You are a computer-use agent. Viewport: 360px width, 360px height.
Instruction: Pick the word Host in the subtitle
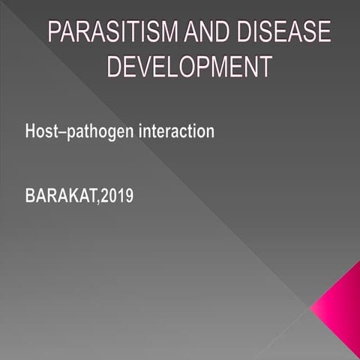[x=40, y=130]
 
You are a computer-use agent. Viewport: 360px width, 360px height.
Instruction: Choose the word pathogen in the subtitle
[x=98, y=132]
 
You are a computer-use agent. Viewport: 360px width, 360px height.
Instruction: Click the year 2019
[x=118, y=197]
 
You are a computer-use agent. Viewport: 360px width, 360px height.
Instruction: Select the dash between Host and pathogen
[x=61, y=132]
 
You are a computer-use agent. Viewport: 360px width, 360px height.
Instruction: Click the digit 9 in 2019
[x=129, y=197]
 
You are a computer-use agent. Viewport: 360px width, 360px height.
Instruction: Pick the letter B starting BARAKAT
[x=30, y=197]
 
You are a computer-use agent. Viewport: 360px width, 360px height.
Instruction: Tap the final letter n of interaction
[x=210, y=132]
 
